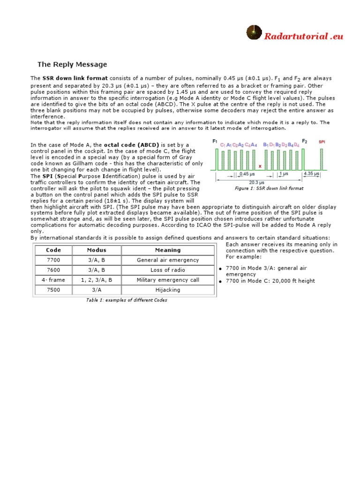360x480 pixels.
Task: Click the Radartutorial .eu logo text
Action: (x=303, y=36)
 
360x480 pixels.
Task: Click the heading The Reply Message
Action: (x=72, y=64)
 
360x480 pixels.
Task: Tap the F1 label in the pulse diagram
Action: (x=215, y=141)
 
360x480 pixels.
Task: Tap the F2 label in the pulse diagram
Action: (x=304, y=141)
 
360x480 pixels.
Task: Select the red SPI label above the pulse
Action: (x=322, y=142)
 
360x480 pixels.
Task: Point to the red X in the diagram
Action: (x=260, y=165)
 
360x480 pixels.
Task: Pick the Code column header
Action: (x=53, y=250)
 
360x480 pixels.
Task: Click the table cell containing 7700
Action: (x=53, y=260)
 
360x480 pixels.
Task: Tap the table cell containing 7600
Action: (x=53, y=270)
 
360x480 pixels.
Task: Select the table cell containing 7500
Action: (x=53, y=290)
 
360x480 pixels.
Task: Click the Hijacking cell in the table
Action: (x=168, y=290)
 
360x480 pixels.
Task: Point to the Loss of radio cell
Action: (x=168, y=270)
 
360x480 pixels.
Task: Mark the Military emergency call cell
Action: (x=168, y=280)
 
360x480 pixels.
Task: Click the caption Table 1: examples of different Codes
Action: (x=127, y=300)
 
